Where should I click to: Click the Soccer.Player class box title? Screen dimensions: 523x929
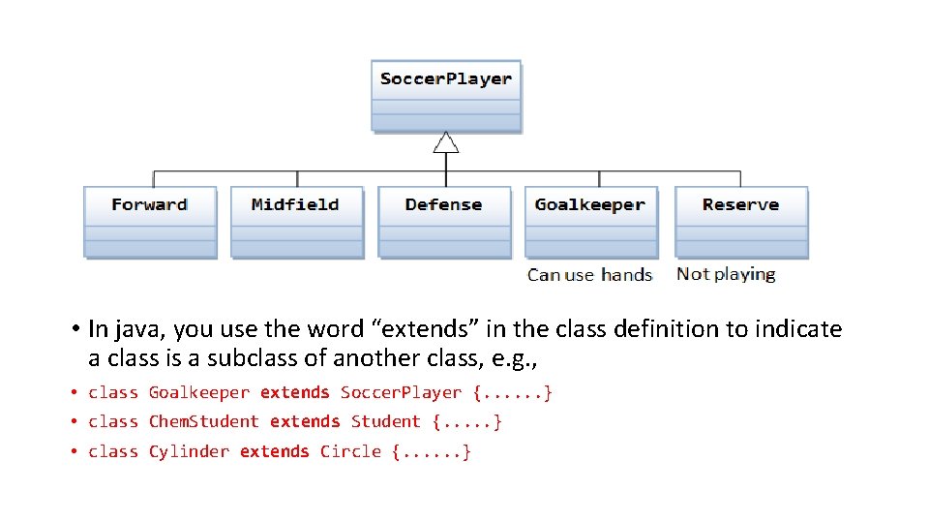(x=446, y=79)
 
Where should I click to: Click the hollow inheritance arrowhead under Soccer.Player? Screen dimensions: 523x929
(x=445, y=142)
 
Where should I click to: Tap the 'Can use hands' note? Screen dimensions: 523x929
(x=590, y=275)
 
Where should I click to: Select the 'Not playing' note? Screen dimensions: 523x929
(x=726, y=274)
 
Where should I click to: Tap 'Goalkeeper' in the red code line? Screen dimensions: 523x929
(x=199, y=393)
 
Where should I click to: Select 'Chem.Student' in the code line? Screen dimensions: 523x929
(x=204, y=422)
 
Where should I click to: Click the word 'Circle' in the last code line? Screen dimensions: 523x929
(x=350, y=452)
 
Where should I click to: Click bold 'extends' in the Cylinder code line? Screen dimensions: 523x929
(x=275, y=452)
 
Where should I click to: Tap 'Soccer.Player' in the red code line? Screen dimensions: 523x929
(x=402, y=393)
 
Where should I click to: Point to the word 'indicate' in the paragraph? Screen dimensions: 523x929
(x=798, y=329)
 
